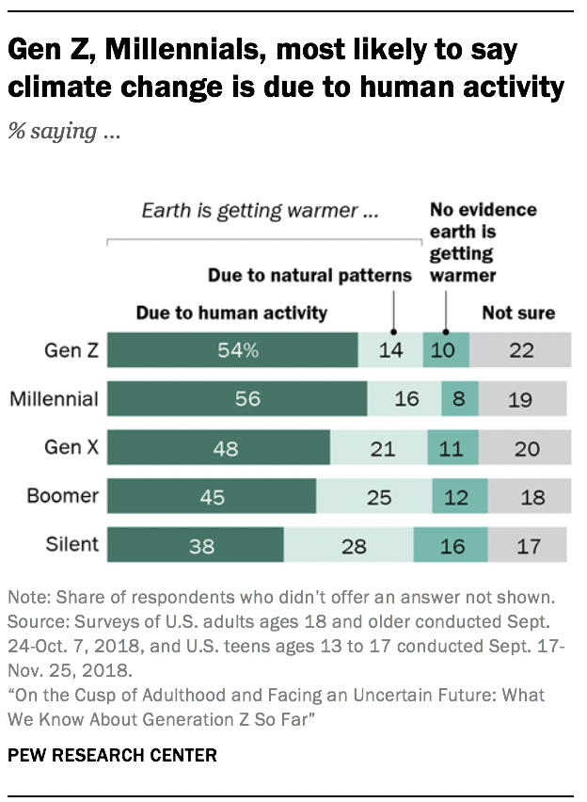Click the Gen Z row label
(x=71, y=350)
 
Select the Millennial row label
(x=54, y=399)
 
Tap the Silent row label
(x=71, y=545)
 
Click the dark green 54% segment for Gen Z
(x=232, y=350)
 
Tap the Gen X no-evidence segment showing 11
(x=452, y=448)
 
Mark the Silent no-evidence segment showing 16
(x=451, y=545)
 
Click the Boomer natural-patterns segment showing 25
(x=374, y=496)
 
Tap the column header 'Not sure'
(x=518, y=313)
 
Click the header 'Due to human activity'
(x=231, y=313)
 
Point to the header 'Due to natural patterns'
(x=309, y=276)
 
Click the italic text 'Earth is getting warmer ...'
(x=261, y=212)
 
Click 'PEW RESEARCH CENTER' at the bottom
(x=112, y=755)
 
